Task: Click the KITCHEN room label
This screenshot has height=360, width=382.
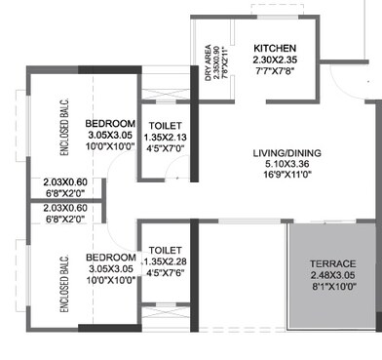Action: point(275,48)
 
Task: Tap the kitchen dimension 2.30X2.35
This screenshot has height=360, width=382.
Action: point(275,60)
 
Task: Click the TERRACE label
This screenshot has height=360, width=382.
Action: point(332,264)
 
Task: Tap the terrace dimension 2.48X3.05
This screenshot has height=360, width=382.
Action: point(332,276)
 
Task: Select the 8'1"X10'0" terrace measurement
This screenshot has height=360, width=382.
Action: point(332,288)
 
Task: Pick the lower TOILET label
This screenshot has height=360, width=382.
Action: point(163,250)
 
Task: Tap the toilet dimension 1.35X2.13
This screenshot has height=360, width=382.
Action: point(163,138)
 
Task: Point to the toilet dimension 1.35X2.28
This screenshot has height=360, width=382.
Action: point(163,261)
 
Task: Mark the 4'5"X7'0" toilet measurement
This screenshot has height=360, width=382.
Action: point(163,149)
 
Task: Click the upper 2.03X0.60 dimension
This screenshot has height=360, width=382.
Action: point(64,181)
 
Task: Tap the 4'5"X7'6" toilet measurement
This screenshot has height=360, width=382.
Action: point(163,273)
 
